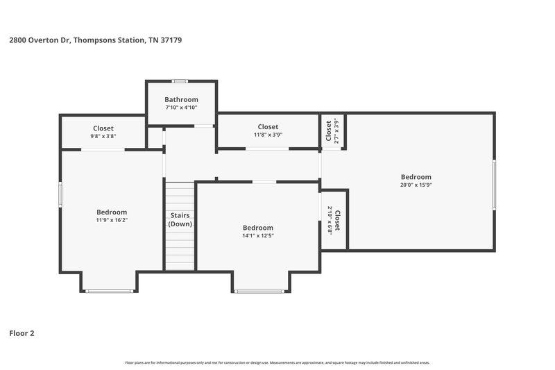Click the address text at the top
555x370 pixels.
click(95, 40)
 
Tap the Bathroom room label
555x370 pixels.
click(181, 99)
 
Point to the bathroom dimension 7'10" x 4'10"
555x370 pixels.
click(181, 108)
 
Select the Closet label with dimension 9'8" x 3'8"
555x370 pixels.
click(103, 128)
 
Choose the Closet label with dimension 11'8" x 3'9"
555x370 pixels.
click(268, 127)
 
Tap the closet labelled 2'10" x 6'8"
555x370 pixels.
click(333, 220)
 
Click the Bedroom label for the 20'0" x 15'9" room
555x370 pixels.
click(416, 177)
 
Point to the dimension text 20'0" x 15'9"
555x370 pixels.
click(416, 185)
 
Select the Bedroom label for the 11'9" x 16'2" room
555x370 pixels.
click(112, 212)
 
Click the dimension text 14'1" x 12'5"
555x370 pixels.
click(257, 236)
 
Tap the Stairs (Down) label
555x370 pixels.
click(180, 219)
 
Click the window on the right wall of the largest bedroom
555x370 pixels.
click(494, 184)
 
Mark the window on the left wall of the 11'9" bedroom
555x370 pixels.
click(60, 194)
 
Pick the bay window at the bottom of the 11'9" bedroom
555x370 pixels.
click(109, 291)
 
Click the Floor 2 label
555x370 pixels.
click(22, 333)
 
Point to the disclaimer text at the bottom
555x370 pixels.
click(277, 362)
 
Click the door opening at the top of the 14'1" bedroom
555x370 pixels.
click(263, 182)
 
